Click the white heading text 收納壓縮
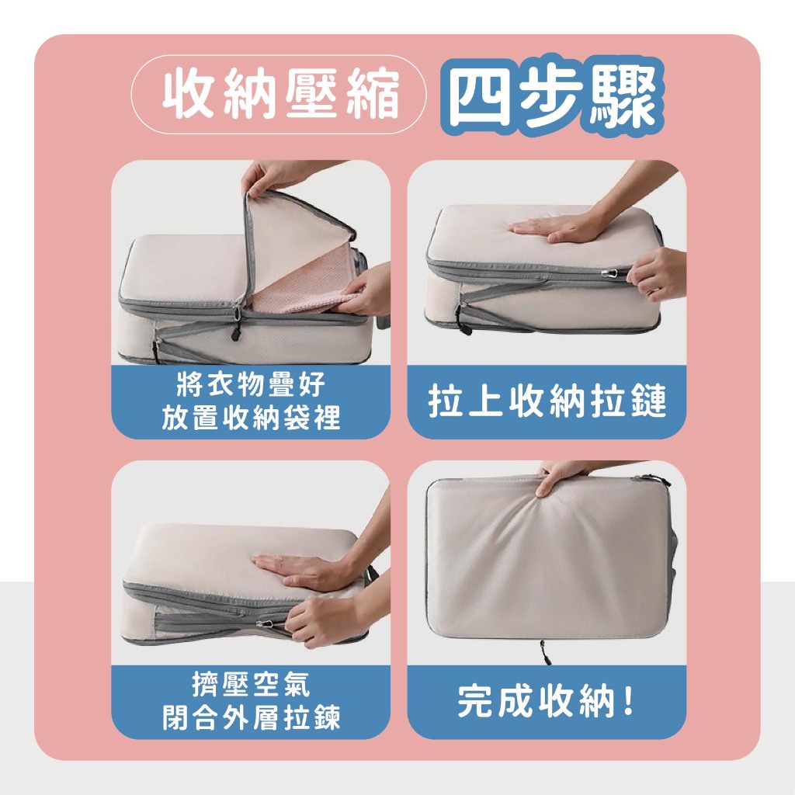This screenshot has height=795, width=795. coord(280,95)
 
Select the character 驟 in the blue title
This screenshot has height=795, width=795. coord(622,97)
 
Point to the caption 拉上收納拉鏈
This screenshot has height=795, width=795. coord(547,401)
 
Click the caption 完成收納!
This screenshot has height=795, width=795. coord(546,702)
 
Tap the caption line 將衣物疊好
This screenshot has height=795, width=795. coord(251,384)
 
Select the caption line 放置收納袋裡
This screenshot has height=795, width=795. coord(251,418)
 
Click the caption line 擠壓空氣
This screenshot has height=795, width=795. coord(251,684)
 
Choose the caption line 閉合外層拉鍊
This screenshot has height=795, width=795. coord(251,717)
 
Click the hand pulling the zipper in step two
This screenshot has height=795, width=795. coord(657,274)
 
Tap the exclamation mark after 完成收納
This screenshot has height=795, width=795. coord(629,702)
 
